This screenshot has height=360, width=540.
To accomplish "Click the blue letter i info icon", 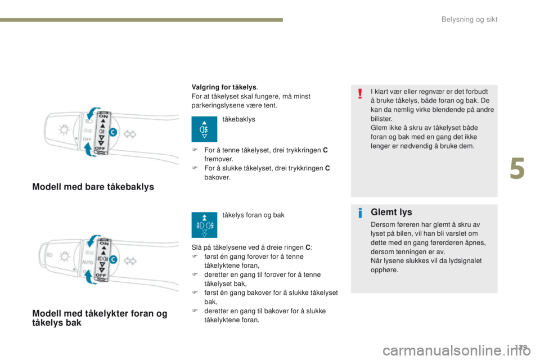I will pyautogui.click(x=359, y=213).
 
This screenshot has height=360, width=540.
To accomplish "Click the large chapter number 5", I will pyautogui.click(x=518, y=169).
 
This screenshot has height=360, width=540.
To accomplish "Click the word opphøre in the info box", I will pyautogui.click(x=384, y=270).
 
